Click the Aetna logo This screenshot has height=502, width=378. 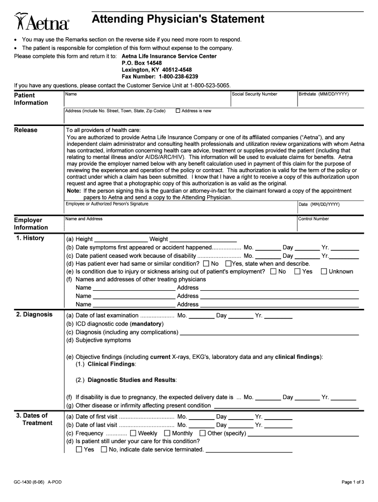[x=42, y=22]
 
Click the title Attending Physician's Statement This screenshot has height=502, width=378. [x=178, y=19]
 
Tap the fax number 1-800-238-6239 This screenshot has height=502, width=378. [x=178, y=77]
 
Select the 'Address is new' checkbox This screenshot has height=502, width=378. [x=178, y=111]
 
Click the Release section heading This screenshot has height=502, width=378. [x=26, y=130]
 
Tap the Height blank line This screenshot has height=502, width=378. [x=119, y=239]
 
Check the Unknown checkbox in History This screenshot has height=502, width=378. [x=324, y=272]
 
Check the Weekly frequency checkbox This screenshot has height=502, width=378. [x=133, y=433]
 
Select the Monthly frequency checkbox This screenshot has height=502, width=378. [x=167, y=433]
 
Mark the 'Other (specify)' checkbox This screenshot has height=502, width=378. [x=202, y=433]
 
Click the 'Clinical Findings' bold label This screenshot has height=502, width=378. [x=111, y=364]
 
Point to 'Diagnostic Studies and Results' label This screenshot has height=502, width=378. [x=132, y=380]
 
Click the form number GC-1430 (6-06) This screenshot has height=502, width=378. [x=29, y=482]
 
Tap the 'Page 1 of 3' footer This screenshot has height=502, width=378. [x=352, y=482]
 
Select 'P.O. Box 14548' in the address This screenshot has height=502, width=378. [x=141, y=63]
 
